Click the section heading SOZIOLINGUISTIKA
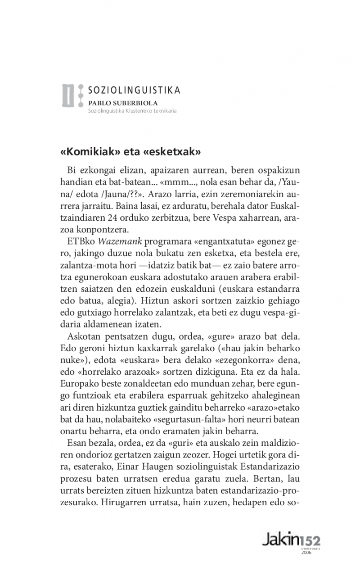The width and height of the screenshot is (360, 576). (x=134, y=90)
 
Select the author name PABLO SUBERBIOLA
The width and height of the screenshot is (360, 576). (x=116, y=103)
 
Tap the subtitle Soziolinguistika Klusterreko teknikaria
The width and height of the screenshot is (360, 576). (x=132, y=111)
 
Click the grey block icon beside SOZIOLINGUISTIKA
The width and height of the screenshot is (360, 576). (x=69, y=95)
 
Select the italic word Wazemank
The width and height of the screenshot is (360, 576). (x=122, y=241)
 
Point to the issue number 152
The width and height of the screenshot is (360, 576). (x=310, y=540)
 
